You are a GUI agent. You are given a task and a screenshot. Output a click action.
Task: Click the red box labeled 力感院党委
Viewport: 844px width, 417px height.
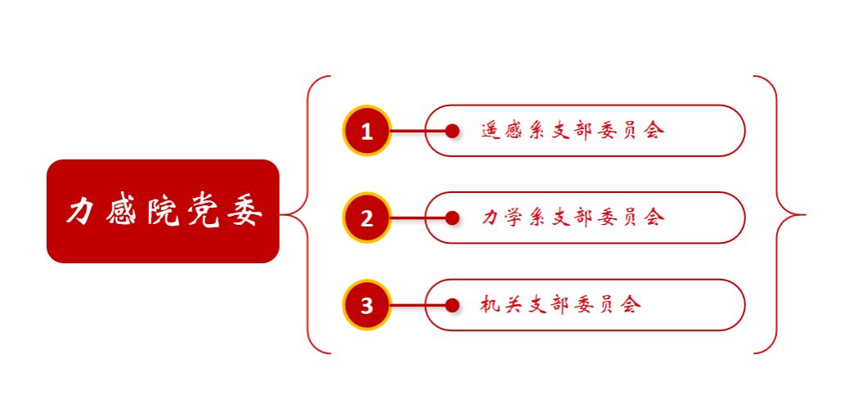click(163, 211)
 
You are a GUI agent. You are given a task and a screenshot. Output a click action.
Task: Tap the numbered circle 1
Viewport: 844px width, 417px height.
click(367, 131)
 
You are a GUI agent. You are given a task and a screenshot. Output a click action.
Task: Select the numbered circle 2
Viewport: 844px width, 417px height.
click(367, 218)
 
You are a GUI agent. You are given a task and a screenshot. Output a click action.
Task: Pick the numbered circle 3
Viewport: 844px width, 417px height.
click(367, 306)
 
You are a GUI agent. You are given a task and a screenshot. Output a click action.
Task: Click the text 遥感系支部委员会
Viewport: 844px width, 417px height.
click(572, 131)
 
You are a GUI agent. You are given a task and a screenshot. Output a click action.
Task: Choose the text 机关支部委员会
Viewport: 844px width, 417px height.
click(561, 305)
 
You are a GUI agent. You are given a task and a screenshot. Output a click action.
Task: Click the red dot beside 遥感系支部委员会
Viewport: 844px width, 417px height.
click(452, 131)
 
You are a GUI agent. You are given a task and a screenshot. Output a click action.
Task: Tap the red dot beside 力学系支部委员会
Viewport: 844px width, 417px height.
click(452, 218)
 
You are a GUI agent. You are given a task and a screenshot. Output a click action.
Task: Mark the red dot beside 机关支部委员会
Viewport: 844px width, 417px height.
click(452, 306)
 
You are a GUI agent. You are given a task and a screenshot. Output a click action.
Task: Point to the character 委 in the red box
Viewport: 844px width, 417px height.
click(246, 212)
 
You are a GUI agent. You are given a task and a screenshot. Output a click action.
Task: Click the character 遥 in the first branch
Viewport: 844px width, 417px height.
click(491, 131)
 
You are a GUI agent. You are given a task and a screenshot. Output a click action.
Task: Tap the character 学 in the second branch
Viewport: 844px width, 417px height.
click(514, 217)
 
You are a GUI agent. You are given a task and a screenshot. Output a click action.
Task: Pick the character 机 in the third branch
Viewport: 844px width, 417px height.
click(491, 305)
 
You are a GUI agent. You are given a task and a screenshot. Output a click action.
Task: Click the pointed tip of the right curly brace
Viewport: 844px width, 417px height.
click(804, 215)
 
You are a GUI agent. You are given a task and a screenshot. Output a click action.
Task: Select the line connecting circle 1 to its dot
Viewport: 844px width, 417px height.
click(418, 131)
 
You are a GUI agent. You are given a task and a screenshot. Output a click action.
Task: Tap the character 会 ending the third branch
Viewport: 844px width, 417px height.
click(630, 305)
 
